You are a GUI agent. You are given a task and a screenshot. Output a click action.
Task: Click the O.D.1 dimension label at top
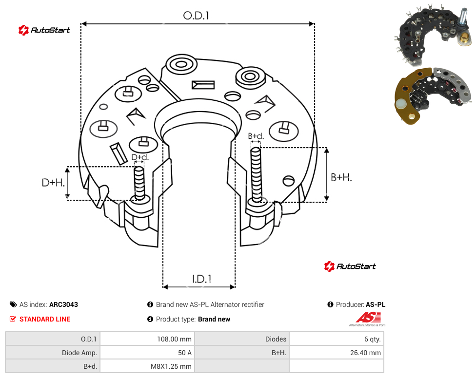coord(196,16)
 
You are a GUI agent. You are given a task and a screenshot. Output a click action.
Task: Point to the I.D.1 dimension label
coord(201,279)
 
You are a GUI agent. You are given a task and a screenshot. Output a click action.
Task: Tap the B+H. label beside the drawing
coord(341,177)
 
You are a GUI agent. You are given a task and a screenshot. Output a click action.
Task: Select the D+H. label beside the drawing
coord(53,183)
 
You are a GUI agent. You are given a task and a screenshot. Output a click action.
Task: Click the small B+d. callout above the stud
coord(256,136)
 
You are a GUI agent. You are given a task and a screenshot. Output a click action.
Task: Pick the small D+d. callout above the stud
coord(140,157)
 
